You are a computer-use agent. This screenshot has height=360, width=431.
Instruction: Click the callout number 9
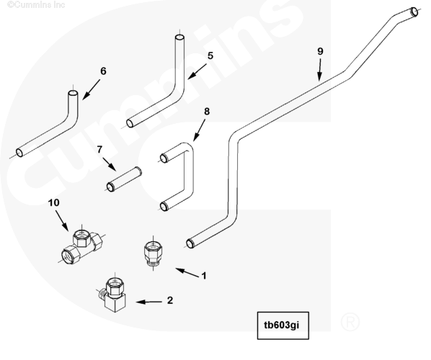tap(320, 51)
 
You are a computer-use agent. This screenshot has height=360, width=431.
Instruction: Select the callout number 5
tap(210, 55)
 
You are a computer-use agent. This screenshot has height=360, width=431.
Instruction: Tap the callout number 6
tap(103, 71)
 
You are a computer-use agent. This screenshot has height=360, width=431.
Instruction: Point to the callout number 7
tap(99, 149)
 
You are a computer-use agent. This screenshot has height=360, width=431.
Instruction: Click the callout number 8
tap(207, 112)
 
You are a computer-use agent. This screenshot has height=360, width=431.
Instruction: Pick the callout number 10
tap(53, 202)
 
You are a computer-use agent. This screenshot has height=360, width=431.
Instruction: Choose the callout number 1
tap(204, 276)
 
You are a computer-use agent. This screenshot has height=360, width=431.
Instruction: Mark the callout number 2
tap(170, 300)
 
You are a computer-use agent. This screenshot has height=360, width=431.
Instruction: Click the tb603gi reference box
tap(283, 325)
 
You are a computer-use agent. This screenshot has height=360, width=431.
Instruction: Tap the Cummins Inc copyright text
tap(36, 4)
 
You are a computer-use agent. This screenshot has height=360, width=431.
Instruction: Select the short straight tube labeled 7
tap(124, 179)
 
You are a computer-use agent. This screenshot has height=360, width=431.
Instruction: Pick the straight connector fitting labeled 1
tap(153, 253)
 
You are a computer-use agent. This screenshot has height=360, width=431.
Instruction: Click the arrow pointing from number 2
tap(149, 302)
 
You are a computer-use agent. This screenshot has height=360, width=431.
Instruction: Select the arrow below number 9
tap(319, 70)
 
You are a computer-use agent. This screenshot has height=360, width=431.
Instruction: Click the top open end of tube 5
tap(179, 38)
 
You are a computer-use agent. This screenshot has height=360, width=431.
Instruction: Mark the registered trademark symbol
tap(350, 322)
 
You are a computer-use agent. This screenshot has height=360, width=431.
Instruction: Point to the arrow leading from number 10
tap(62, 220)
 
